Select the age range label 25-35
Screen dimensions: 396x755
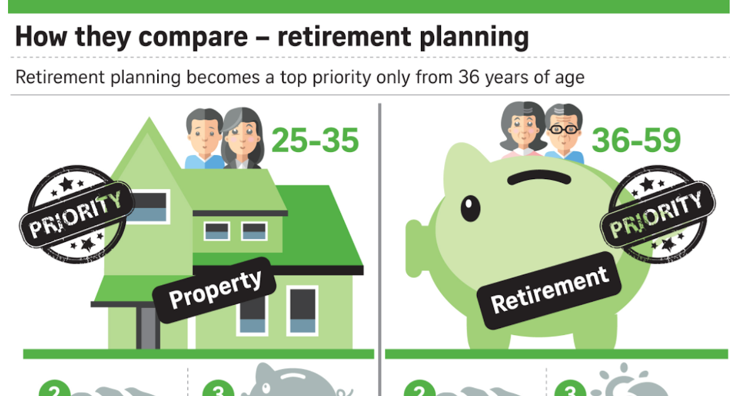tap(315, 141)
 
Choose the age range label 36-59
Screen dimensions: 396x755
tap(636, 141)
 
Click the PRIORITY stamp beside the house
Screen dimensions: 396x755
tap(75, 214)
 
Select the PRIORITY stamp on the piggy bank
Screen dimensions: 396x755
tap(657, 214)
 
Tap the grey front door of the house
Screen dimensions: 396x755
tap(148, 327)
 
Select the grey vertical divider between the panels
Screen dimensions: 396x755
tap(379, 251)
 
